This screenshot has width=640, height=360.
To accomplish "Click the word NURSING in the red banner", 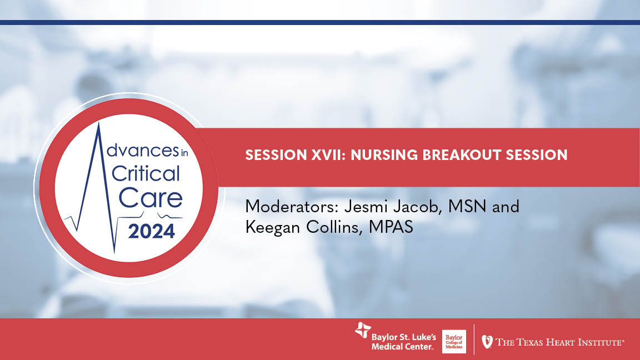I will click(377, 155).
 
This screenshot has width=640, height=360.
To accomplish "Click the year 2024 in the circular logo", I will click(151, 230).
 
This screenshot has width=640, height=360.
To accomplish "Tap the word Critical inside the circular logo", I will click(146, 174).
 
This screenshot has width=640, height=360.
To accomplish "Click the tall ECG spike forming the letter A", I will click(98, 167).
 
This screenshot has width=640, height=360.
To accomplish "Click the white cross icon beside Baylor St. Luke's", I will click(362, 331).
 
